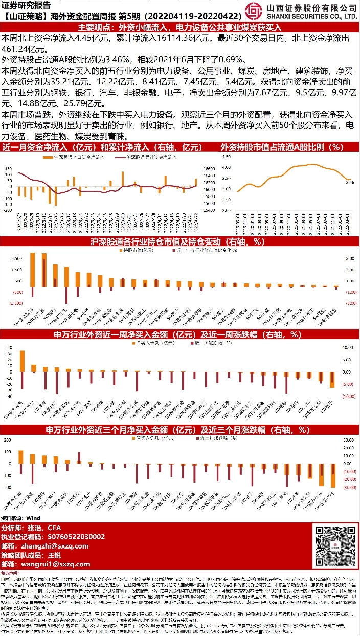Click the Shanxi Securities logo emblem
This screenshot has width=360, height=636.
click(x=256, y=10)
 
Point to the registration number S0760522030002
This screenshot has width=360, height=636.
click(x=77, y=537)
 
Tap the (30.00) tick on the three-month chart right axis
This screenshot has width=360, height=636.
click(x=350, y=488)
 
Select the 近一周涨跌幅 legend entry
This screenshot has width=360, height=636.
click(x=209, y=345)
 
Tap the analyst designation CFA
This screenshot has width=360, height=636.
click(x=54, y=528)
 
